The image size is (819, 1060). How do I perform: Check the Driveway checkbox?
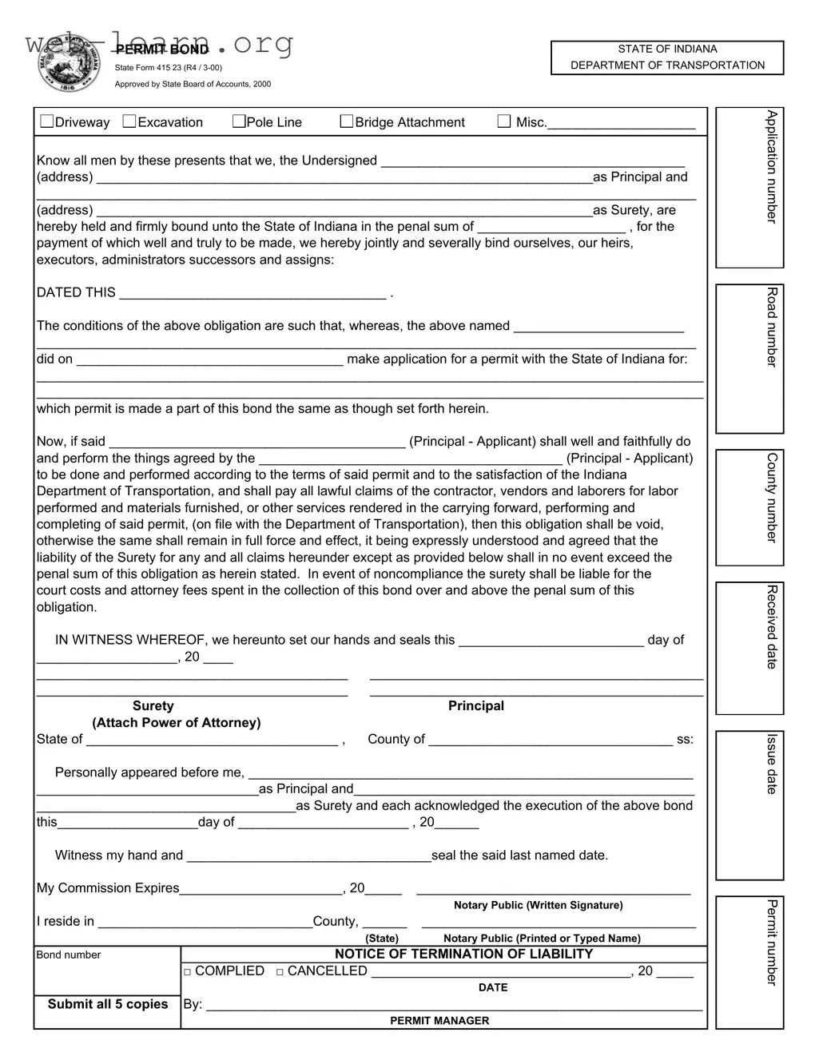pos(47,121)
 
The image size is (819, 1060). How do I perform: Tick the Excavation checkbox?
pos(129,121)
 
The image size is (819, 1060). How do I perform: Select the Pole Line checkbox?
pos(239,121)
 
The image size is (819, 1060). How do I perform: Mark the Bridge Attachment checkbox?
pos(347,121)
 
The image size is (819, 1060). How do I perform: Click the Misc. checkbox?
pos(504,121)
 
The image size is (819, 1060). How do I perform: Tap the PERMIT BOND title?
pos(162,50)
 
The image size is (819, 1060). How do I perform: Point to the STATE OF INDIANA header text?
pos(667,50)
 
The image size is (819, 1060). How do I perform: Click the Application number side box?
pos(749,188)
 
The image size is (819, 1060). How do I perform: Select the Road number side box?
pos(749,359)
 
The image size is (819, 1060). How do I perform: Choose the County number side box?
pos(749,507)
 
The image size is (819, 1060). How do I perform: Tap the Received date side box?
pos(749,648)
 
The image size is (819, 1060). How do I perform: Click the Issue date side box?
pos(749,805)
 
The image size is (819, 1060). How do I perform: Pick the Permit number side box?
pos(749,962)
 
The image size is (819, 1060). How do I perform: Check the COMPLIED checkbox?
pos(188,972)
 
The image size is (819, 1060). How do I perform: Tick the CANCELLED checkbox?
pos(280,972)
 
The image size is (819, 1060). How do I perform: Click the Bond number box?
pos(107,971)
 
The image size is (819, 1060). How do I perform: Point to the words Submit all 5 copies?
pos(108,1004)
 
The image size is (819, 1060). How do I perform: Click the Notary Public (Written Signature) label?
pos(538,905)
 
